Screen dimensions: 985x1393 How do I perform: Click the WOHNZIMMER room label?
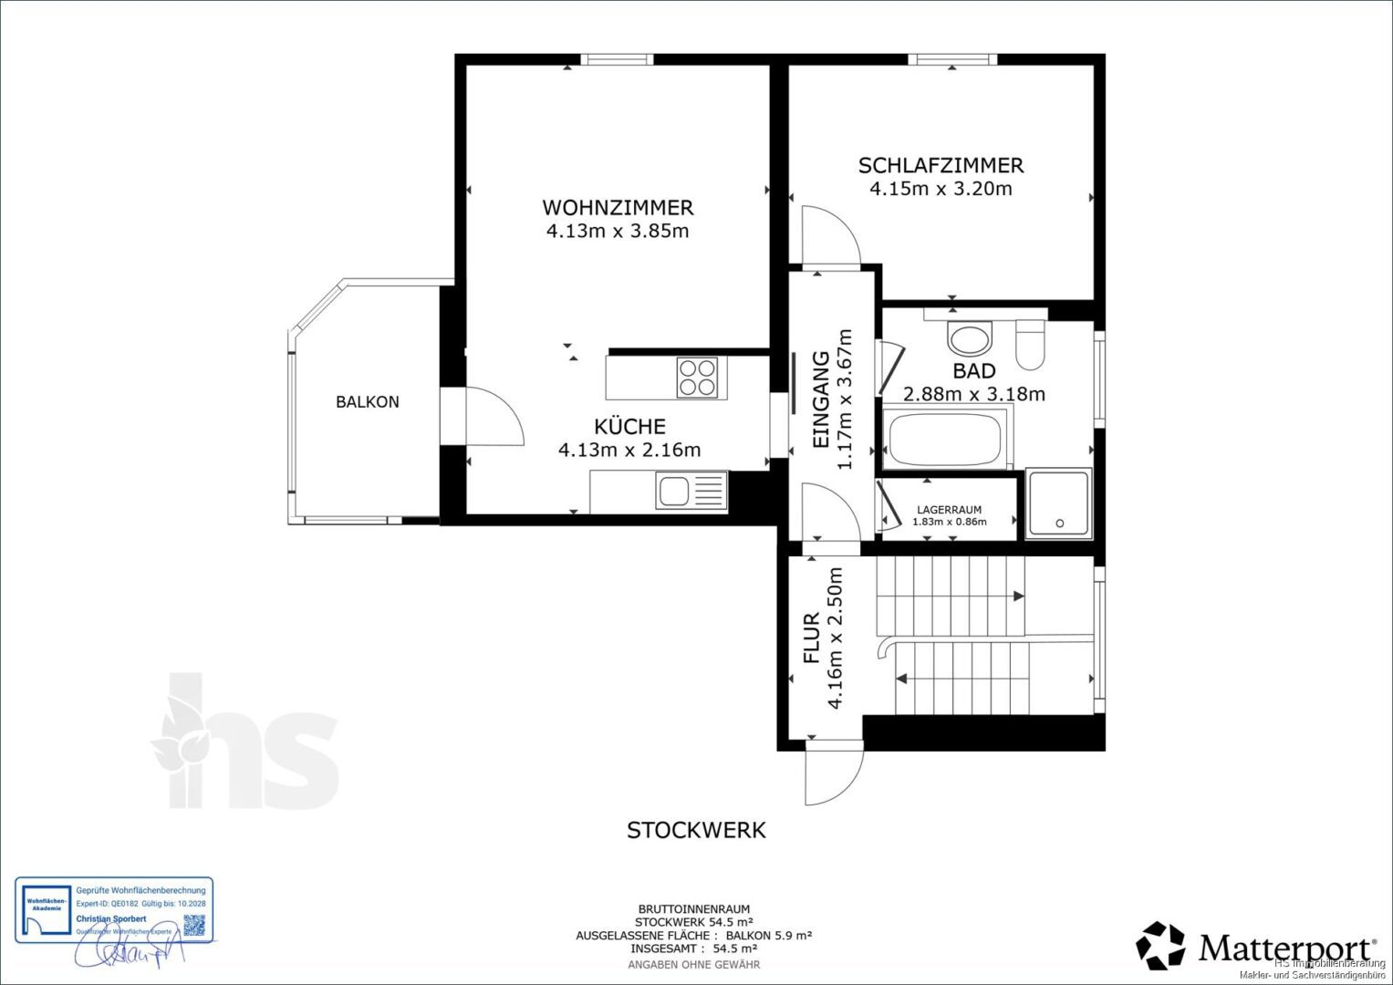[x=618, y=207]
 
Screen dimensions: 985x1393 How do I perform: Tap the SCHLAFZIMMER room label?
[x=941, y=165]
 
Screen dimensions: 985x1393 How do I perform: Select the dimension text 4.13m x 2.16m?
[x=629, y=450]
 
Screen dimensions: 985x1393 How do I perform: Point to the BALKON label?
[x=367, y=401]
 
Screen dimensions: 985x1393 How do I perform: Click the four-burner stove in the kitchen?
[x=697, y=378]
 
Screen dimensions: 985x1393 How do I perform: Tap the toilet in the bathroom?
[x=1030, y=345]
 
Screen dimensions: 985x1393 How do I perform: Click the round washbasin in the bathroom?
[x=969, y=339]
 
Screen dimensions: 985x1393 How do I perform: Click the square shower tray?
[x=1058, y=503]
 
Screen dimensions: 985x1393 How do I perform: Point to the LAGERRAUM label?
[x=950, y=510]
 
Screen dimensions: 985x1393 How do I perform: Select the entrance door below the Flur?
[x=833, y=772]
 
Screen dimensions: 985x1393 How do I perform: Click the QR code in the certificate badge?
[x=195, y=925]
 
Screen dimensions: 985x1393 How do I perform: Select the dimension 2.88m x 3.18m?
[x=973, y=395]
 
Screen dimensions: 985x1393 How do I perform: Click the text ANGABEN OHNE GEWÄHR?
[x=694, y=964]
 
